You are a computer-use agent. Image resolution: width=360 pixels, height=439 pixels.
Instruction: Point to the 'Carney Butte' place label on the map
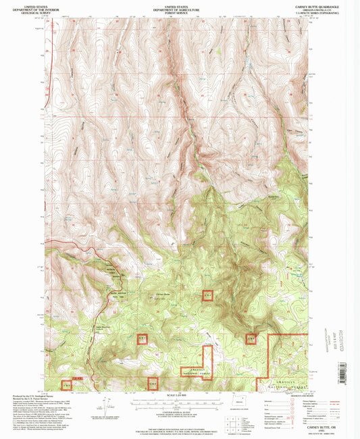[x=163, y=294]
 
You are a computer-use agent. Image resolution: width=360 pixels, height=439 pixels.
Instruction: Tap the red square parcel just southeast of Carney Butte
[x=208, y=295]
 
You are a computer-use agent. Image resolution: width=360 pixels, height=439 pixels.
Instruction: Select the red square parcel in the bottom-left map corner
[x=66, y=384]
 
